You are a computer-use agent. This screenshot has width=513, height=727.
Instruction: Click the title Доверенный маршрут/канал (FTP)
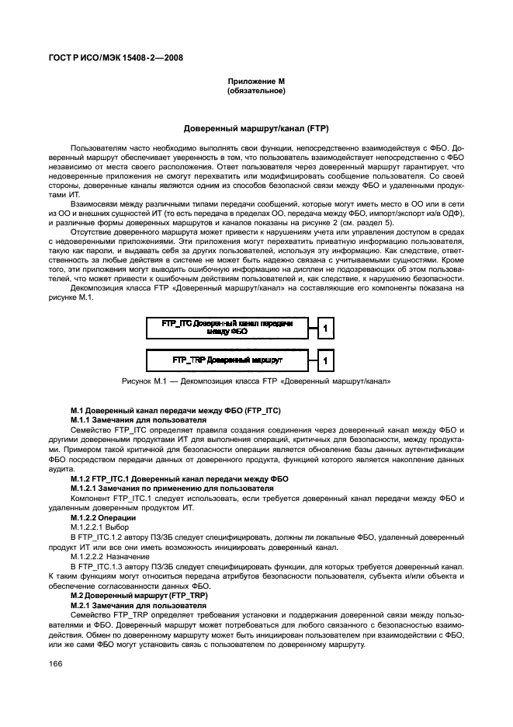[x=256, y=127]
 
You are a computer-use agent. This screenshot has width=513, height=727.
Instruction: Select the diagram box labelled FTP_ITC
[x=227, y=329]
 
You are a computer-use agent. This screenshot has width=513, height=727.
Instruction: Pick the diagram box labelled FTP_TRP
[x=227, y=360]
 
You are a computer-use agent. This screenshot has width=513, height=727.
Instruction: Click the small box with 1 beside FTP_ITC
[x=327, y=329]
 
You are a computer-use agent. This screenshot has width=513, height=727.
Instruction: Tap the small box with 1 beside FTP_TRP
[x=327, y=361]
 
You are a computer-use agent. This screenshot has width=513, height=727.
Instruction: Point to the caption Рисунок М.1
[x=256, y=381]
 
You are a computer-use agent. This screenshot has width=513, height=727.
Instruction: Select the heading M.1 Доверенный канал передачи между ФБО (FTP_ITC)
[x=175, y=409]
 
